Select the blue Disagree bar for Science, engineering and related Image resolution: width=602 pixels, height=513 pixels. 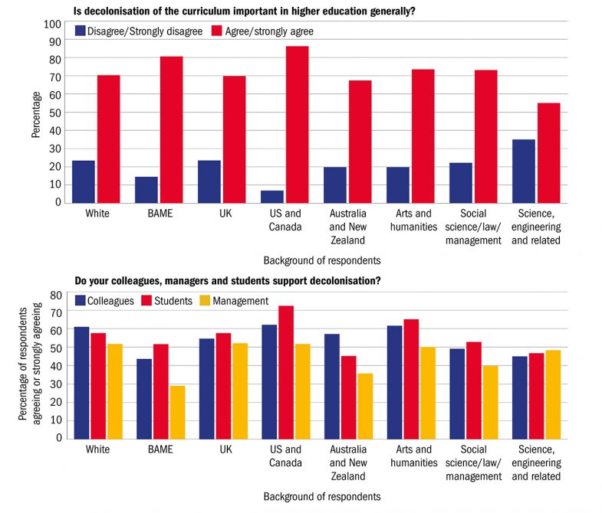(524, 171)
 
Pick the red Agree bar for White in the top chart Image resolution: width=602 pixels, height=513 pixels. (108, 139)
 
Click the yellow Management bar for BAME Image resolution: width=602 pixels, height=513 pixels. (178, 412)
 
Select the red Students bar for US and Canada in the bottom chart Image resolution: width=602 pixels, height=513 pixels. (285, 372)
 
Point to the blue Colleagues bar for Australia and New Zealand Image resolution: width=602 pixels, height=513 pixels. (331, 386)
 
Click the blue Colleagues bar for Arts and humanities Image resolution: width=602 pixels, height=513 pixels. (394, 382)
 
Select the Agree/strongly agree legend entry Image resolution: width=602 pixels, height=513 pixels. (267, 31)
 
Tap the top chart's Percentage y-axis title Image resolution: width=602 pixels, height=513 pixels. (37, 114)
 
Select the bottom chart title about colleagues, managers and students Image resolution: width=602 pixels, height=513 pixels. (227, 280)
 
